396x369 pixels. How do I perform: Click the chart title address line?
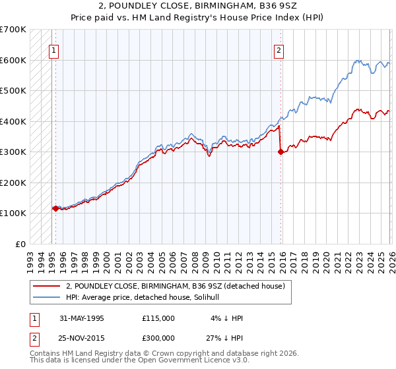tap(198, 7)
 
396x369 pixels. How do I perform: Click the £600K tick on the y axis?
tap(13, 60)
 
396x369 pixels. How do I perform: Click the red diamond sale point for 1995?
tap(55, 208)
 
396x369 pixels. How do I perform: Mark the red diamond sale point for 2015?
tap(280, 152)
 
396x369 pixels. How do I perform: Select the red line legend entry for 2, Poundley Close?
tap(175, 286)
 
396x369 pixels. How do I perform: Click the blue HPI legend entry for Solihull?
tap(147, 298)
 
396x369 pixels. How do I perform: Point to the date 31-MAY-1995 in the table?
tap(82, 318)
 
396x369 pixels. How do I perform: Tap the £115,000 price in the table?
tap(158, 318)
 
